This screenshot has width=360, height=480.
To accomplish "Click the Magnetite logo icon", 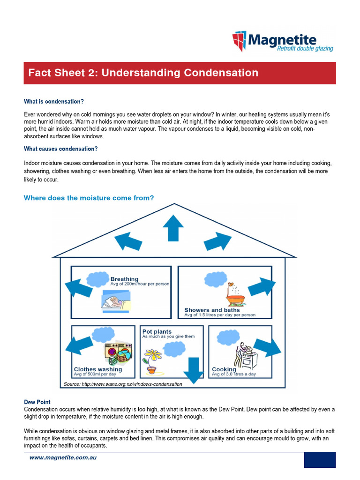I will tap(239, 41).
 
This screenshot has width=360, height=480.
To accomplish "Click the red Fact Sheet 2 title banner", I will tap(180, 73).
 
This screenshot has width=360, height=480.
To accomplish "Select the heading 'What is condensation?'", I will tap(54, 101).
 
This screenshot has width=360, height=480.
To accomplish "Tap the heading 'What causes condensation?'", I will tap(60, 149).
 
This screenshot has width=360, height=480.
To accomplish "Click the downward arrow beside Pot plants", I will tap(193, 370).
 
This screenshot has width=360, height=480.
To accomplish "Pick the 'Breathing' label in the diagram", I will tap(124, 279).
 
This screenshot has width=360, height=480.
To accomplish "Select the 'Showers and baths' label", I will tap(212, 310).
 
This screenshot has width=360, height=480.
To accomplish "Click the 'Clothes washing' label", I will tap(97, 369).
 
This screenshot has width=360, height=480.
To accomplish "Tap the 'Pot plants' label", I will tap(157, 331).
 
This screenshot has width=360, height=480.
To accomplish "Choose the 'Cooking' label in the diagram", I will tap(224, 369).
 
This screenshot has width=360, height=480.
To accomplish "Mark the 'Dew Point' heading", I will tap(37, 402).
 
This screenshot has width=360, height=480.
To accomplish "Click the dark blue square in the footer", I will tap(320, 460).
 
